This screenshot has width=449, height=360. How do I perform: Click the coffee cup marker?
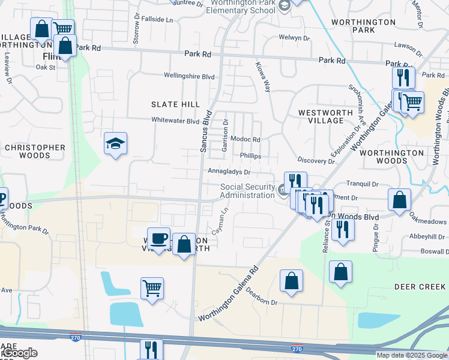159,239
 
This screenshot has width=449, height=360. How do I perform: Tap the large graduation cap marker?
115,144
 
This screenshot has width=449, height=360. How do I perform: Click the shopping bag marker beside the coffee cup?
184,244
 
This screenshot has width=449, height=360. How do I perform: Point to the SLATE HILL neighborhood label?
175,104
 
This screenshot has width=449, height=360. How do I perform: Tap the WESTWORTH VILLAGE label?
321,116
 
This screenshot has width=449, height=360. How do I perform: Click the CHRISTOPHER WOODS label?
35,151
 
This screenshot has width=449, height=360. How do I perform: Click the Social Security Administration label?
247,191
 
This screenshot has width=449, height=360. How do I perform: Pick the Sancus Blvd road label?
204,130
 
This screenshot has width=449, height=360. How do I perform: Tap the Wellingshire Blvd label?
190,76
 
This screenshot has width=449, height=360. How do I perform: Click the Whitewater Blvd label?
175,121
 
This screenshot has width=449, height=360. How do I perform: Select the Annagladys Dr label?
229,172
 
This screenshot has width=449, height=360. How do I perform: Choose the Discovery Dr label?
315,161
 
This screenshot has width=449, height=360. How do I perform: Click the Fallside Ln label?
157,19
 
